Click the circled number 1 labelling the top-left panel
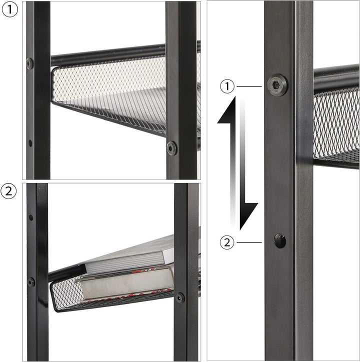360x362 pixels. point(9,9)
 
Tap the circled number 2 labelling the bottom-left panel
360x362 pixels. point(8,191)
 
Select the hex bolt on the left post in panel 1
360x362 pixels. point(30,63)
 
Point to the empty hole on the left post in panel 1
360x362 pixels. point(30,143)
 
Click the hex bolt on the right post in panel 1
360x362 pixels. point(172,148)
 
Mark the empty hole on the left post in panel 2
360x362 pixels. point(30,217)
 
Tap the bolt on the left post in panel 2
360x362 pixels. point(31,282)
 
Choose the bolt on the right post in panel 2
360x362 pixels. point(179,297)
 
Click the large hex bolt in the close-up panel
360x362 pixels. point(277,84)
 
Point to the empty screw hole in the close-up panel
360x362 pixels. point(280,240)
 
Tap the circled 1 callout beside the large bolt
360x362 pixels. point(227,86)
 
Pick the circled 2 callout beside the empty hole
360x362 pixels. point(227,242)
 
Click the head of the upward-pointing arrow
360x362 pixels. point(226,110)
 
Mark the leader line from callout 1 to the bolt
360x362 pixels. point(249,86)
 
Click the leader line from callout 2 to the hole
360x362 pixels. point(249,242)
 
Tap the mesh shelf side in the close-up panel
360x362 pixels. point(336,124)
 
